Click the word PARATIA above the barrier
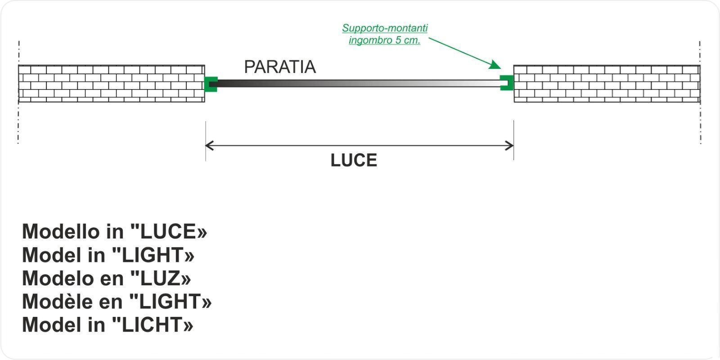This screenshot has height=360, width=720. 280,67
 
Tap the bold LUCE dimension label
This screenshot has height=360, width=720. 354,160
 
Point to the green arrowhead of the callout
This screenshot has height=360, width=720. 495,65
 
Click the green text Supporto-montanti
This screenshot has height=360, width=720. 385,28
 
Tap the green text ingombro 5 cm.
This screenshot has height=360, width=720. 384,40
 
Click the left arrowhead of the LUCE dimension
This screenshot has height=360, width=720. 209,146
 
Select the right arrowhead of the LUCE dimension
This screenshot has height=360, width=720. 509,146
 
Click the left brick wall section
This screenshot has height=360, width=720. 112,84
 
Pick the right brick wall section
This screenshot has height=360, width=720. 607,84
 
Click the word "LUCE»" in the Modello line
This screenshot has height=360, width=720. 168,231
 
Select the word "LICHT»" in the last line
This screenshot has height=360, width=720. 153,324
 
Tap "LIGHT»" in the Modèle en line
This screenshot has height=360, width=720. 171,301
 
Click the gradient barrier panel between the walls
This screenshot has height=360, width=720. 358,84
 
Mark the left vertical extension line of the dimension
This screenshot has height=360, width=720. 206,141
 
